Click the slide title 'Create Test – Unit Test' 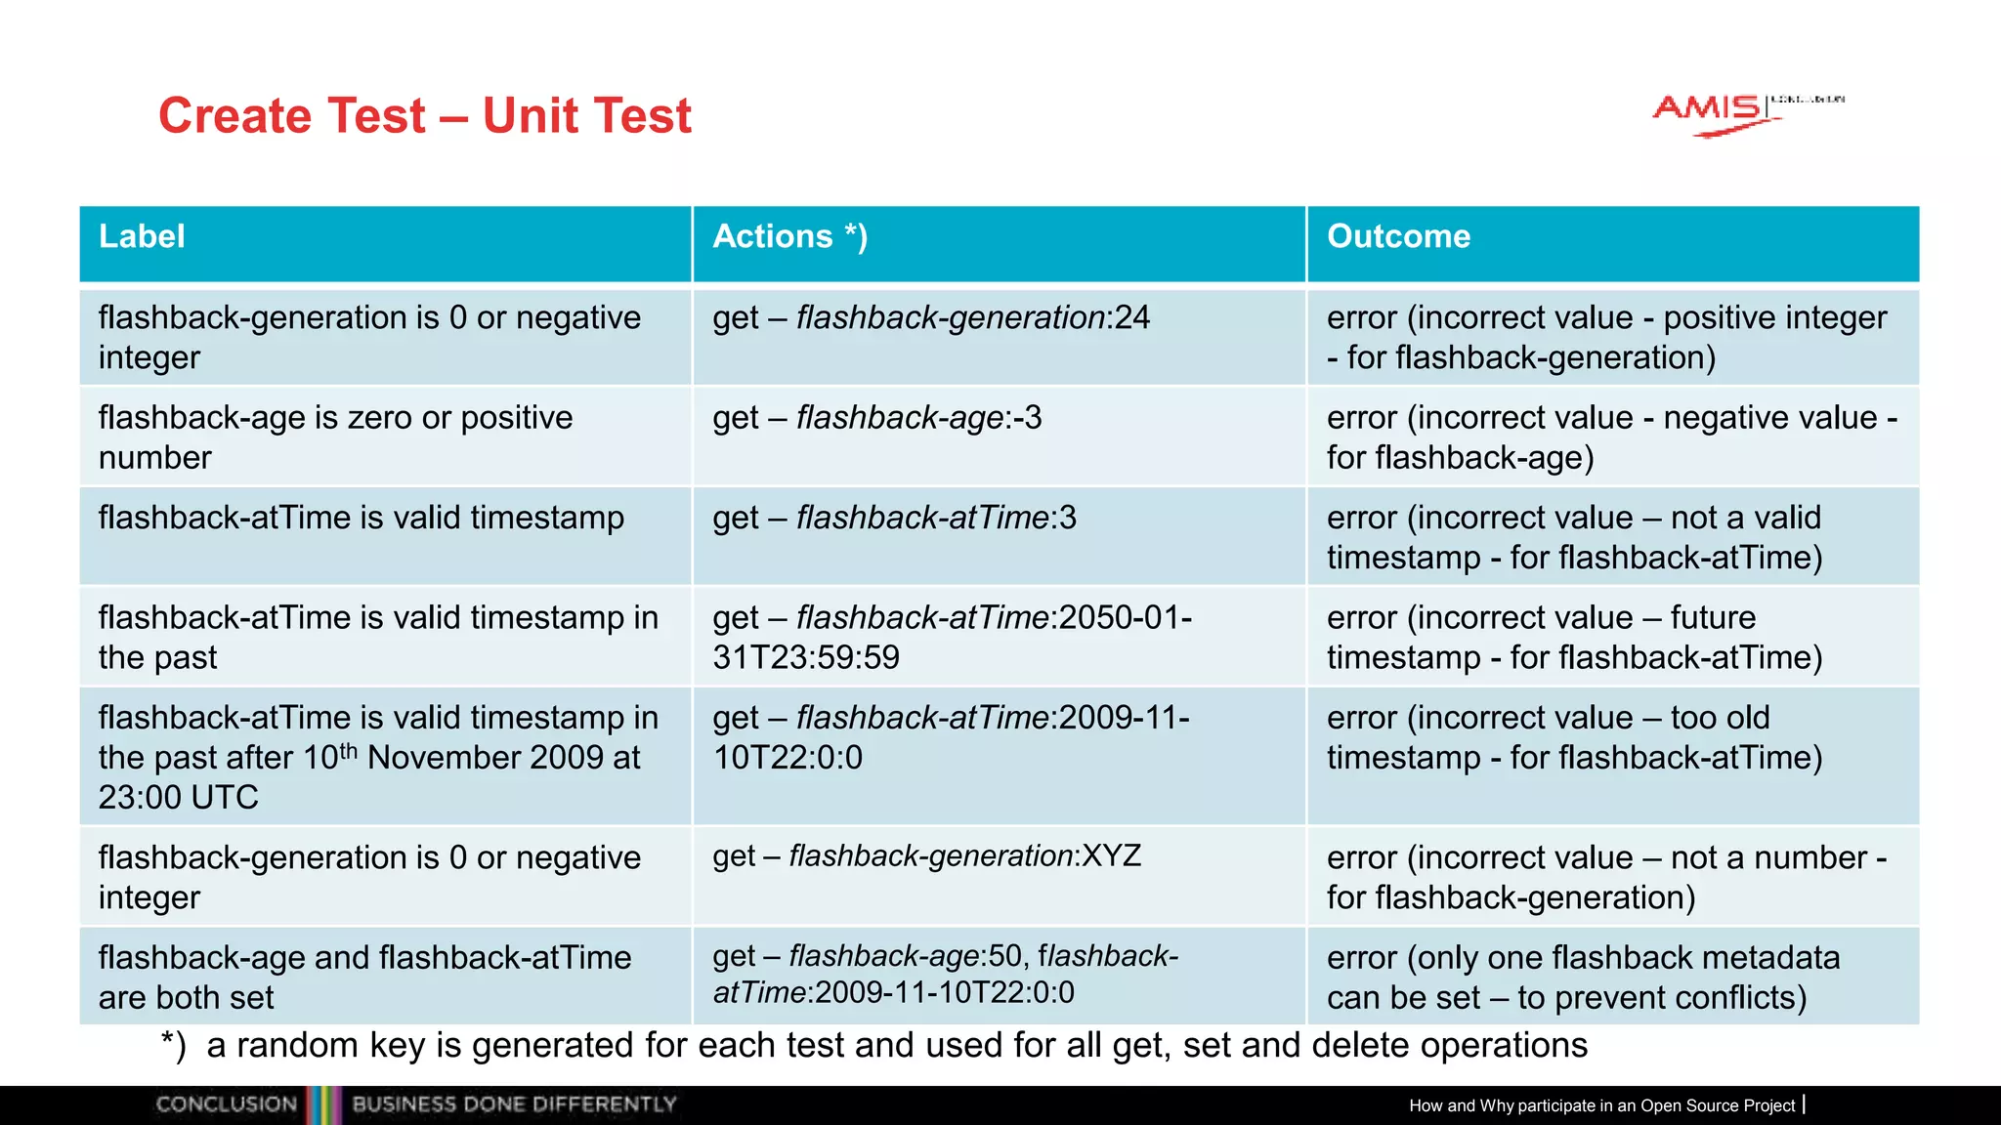click(x=425, y=116)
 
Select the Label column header click(x=143, y=236)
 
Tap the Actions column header click(x=789, y=236)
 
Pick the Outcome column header click(x=1398, y=236)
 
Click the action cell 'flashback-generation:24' click(x=931, y=318)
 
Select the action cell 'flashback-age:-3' click(x=877, y=418)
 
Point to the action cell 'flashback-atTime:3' click(x=894, y=518)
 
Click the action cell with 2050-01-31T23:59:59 click(x=952, y=637)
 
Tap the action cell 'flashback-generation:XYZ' click(x=926, y=856)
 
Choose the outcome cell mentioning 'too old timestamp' click(x=1574, y=737)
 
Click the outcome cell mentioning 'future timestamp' click(x=1574, y=637)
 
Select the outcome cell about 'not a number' click(x=1606, y=877)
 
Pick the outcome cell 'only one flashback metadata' click(x=1583, y=977)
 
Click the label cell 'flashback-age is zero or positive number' click(x=335, y=437)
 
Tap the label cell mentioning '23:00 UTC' click(x=378, y=757)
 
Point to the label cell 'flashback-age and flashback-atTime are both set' click(x=364, y=977)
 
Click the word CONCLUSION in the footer click(x=227, y=1104)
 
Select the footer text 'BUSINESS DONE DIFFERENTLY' click(x=514, y=1104)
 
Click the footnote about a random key click(x=874, y=1046)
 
